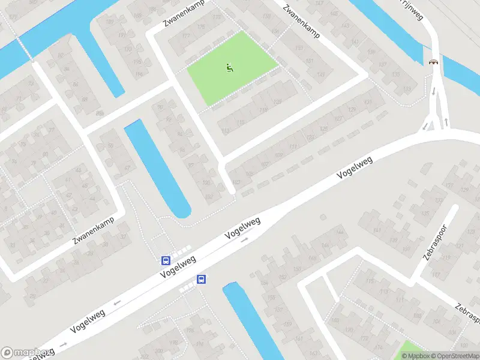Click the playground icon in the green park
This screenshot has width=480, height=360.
coord(229,68)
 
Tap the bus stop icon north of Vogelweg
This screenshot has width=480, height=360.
coord(166,261)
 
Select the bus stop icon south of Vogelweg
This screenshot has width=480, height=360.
coord(202,279)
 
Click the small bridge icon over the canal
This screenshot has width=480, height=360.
coord(433,61)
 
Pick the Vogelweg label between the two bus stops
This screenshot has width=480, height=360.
coord(178,266)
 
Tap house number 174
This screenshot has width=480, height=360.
coord(378,347)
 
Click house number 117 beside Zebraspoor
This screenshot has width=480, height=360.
coord(436,275)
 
